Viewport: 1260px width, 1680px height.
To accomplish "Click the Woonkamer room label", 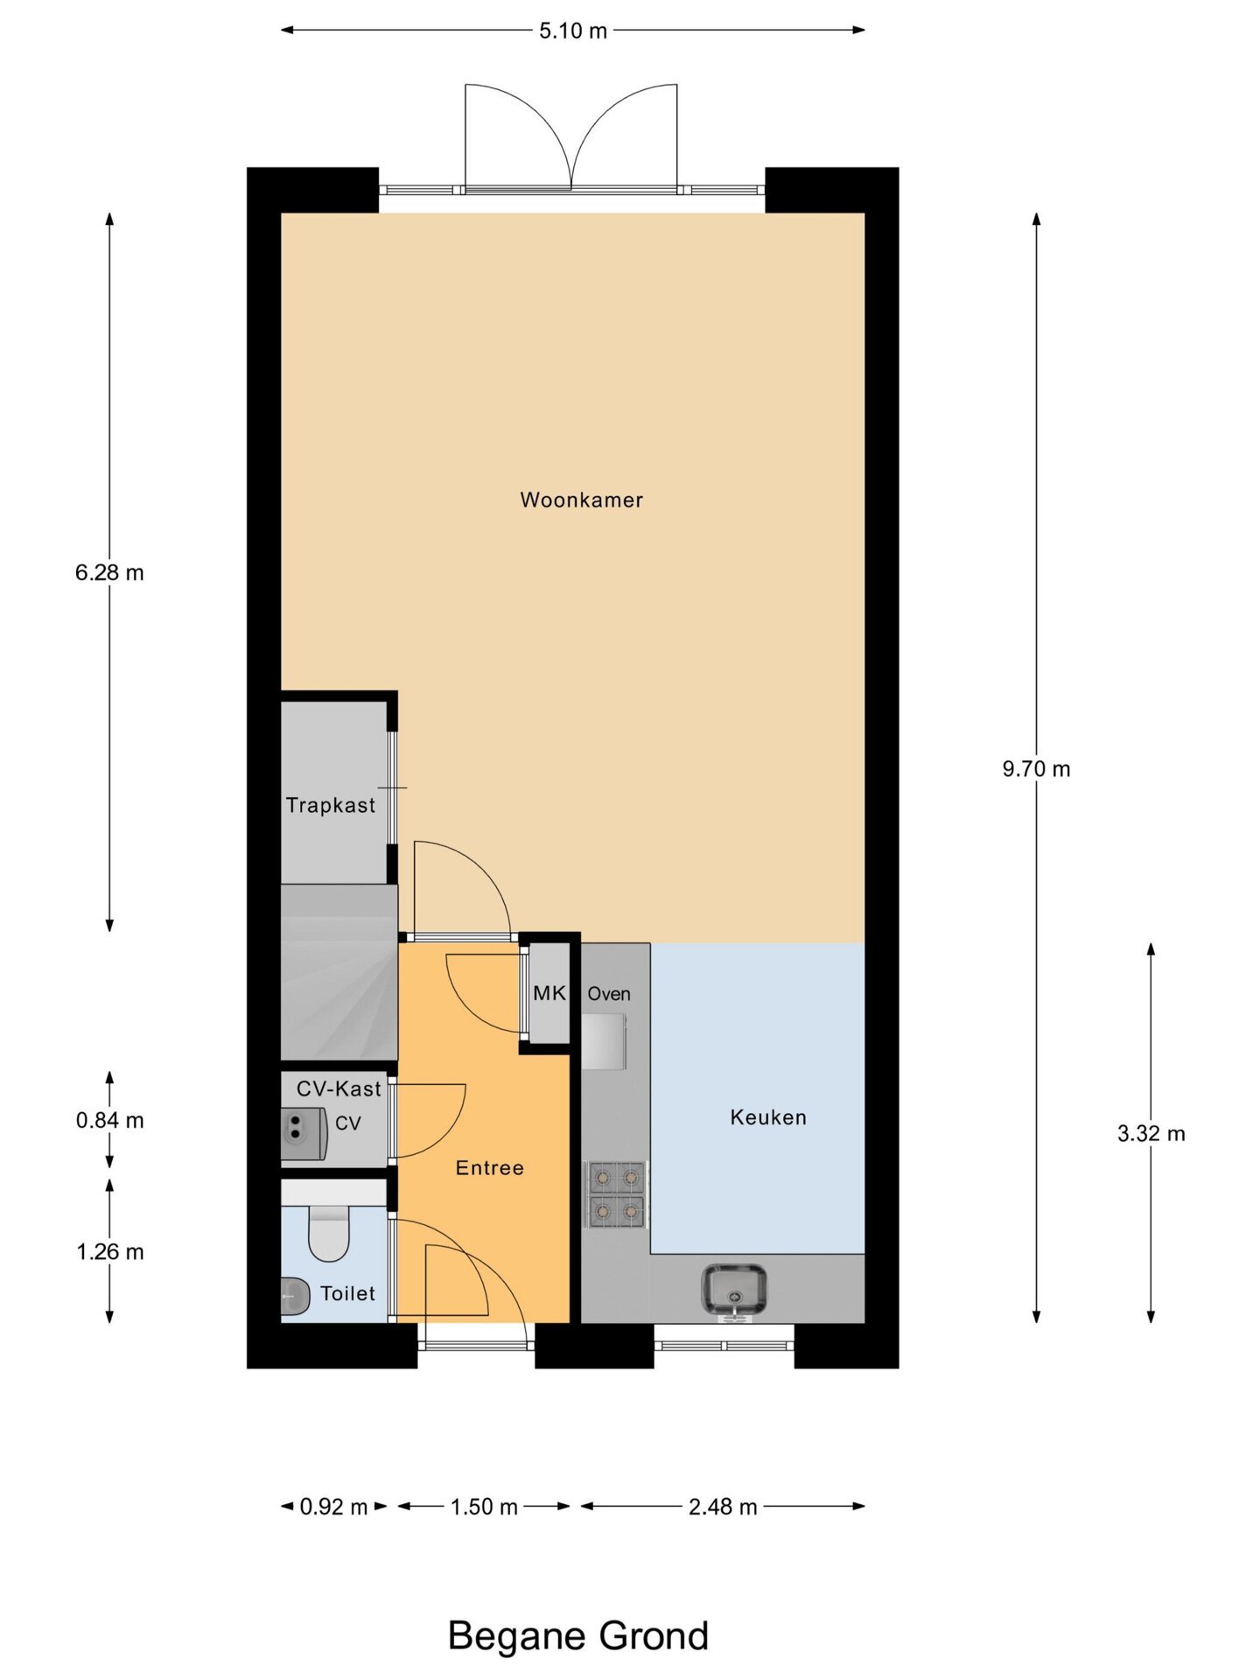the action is [581, 500].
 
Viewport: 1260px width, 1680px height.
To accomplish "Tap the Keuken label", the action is [768, 1117].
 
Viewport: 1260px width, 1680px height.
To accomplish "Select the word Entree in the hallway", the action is [489, 1168].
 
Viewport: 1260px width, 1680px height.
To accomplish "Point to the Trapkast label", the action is [331, 805].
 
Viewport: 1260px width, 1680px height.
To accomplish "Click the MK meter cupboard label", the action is [549, 993].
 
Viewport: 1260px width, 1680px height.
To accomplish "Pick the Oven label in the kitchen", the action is [609, 994].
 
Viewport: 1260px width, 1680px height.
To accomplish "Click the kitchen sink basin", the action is [734, 1290].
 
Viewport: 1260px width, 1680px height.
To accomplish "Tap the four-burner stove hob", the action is [616, 1194].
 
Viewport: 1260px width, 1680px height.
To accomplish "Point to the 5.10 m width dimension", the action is [572, 31].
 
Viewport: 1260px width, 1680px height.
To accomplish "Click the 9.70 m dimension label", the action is [1036, 769].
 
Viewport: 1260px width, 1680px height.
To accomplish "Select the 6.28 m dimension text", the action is [109, 573].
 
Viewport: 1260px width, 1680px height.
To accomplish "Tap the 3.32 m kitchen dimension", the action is [1151, 1134].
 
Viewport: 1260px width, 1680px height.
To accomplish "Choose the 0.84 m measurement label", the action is [109, 1121].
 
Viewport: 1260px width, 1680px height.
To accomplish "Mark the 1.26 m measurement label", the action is [109, 1252].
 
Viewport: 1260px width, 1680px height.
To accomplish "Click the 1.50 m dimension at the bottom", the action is [484, 1507].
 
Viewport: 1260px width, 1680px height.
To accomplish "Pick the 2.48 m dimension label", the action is [723, 1507].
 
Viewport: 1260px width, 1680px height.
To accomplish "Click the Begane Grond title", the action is [577, 1635].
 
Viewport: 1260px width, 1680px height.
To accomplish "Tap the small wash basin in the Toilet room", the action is [295, 1297].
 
